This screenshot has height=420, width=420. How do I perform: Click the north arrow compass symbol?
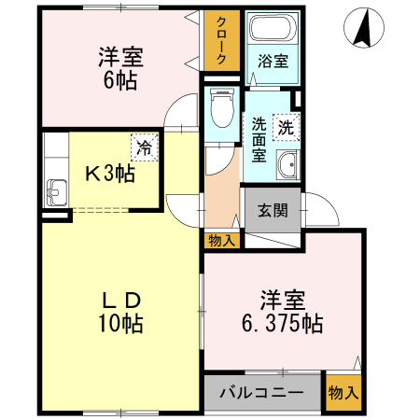click(x=364, y=28)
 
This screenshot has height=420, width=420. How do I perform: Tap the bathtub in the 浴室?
click(x=273, y=27)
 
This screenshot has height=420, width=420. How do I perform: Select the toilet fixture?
click(x=222, y=107)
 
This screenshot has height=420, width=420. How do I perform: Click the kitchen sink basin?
click(x=57, y=192)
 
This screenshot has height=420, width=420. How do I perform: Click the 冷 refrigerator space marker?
click(x=145, y=147)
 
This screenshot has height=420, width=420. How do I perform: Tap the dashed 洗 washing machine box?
click(x=287, y=127)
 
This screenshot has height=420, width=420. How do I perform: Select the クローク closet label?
click(x=221, y=40)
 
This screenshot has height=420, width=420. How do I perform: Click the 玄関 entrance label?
click(x=273, y=210)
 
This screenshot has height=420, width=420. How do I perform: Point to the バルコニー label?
click(x=261, y=393)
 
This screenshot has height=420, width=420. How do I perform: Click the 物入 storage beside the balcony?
click(x=343, y=393)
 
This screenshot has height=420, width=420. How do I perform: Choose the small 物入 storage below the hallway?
click(x=222, y=241)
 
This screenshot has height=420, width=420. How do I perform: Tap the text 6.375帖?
click(x=283, y=324)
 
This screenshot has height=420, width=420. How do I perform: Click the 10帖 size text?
click(x=120, y=323)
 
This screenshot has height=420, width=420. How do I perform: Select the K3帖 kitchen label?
click(x=110, y=174)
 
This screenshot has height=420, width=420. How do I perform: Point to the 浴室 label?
click(x=273, y=61)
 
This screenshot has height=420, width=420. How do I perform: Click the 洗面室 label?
click(x=259, y=139)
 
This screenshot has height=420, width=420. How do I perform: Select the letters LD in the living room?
click(x=121, y=301)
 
